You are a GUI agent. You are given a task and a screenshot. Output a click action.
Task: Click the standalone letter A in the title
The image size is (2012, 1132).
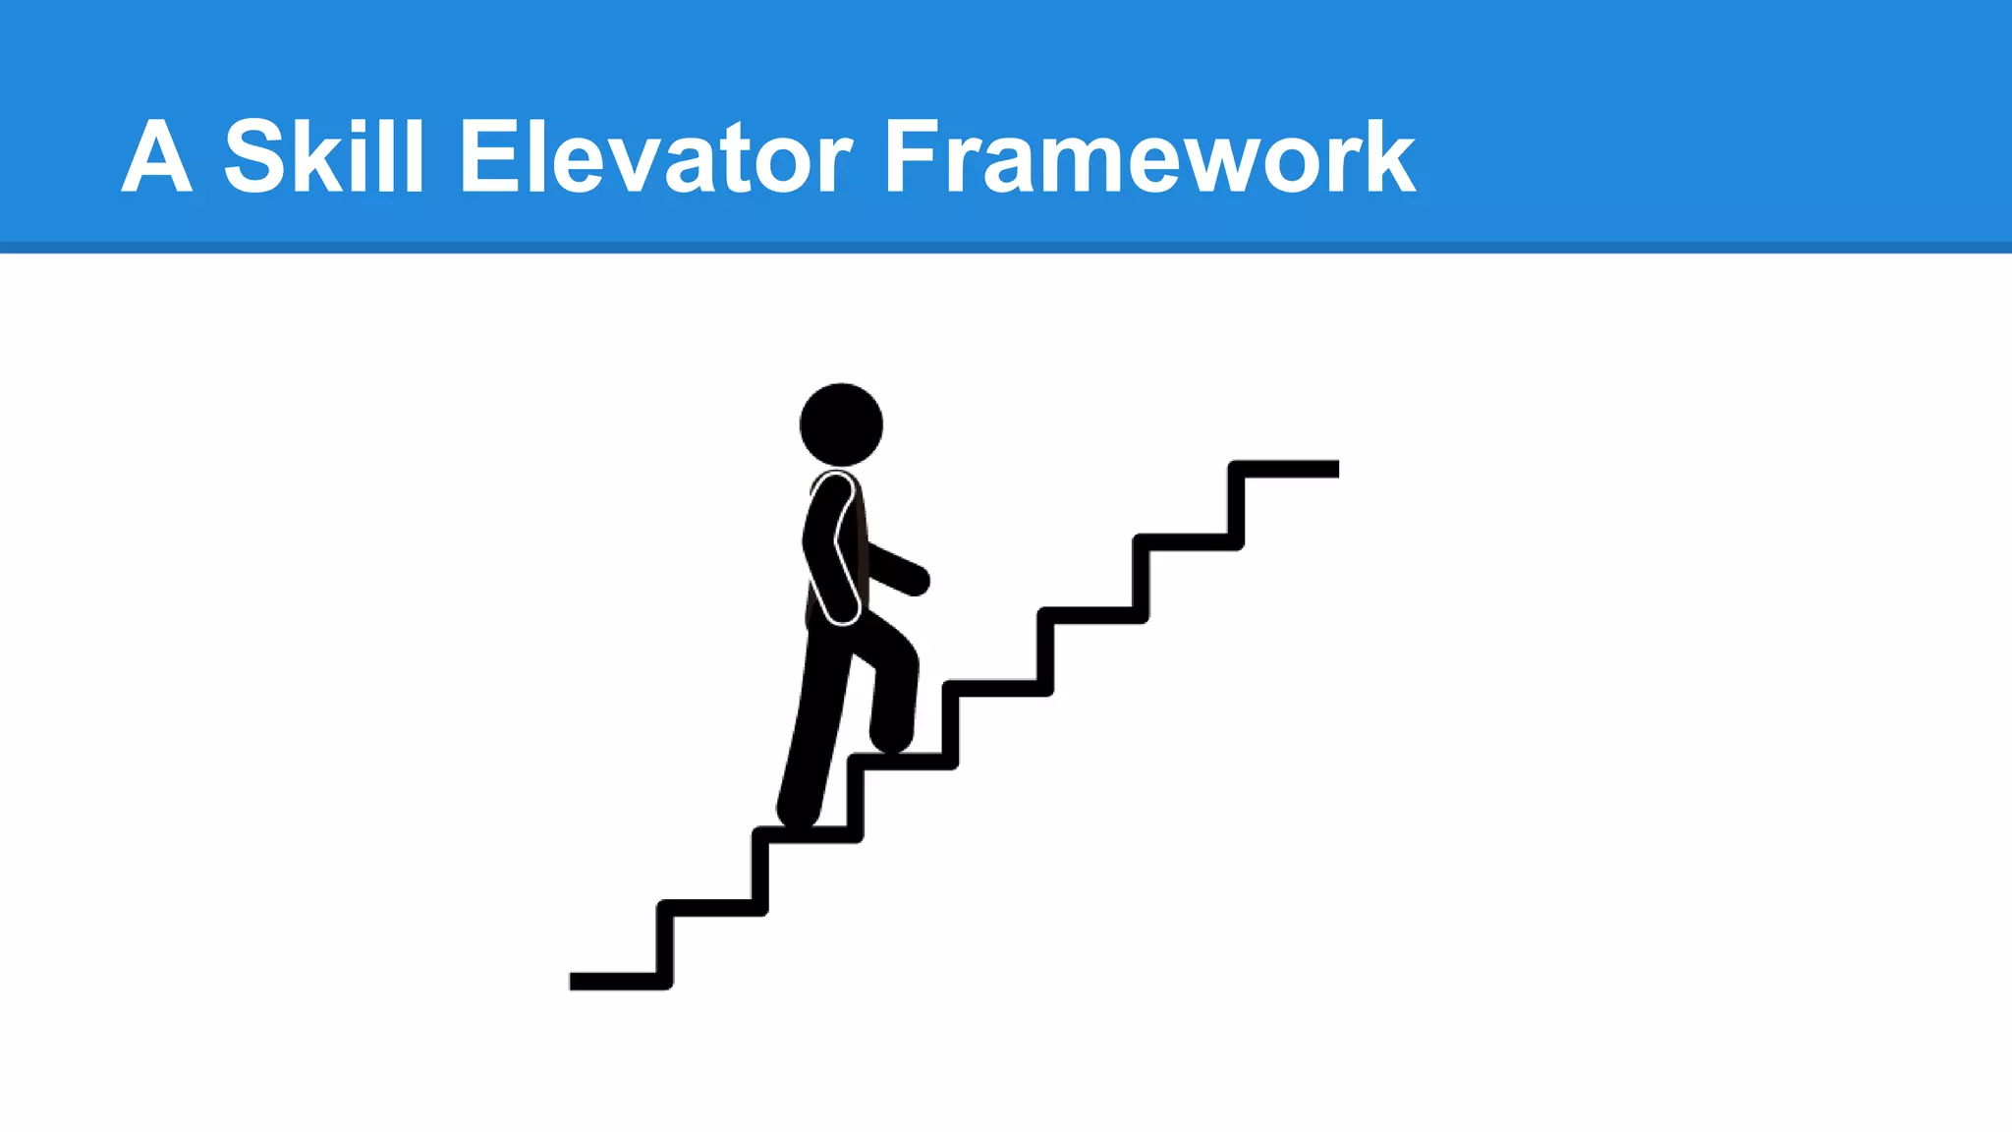156,157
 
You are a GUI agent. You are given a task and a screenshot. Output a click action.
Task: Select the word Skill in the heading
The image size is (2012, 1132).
324,155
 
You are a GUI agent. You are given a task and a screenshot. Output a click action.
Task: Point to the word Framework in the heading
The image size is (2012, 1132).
1149,157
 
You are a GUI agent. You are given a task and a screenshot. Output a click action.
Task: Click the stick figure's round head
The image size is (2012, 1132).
841,424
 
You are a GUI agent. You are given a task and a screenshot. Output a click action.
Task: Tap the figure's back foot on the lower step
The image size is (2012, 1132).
798,812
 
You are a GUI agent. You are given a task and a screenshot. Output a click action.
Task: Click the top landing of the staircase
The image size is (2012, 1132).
1287,469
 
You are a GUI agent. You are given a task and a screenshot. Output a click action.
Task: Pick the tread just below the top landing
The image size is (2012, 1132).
1187,542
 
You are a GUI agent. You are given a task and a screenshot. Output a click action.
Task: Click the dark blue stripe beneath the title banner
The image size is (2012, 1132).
1006,248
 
